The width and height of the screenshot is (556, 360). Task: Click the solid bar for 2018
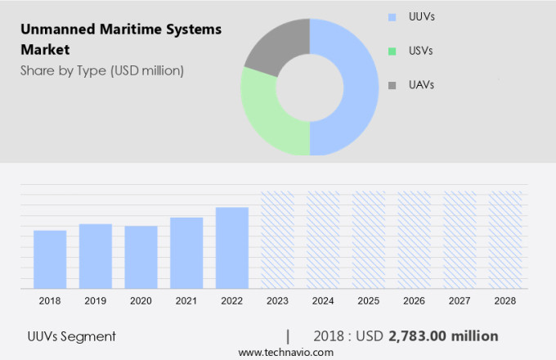coord(50,259)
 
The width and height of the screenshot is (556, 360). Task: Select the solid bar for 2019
coord(96,256)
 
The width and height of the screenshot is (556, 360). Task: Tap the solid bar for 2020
coord(141,257)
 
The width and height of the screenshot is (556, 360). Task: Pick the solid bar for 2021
coord(186,253)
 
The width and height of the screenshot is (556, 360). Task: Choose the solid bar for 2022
coord(232,247)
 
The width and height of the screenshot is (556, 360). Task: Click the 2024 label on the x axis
coord(323,301)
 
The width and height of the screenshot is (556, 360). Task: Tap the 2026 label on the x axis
coord(414,301)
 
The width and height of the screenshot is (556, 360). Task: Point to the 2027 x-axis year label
coord(460,301)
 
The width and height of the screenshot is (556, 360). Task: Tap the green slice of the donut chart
coord(266,115)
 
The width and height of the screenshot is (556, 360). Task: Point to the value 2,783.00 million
coord(443,336)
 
